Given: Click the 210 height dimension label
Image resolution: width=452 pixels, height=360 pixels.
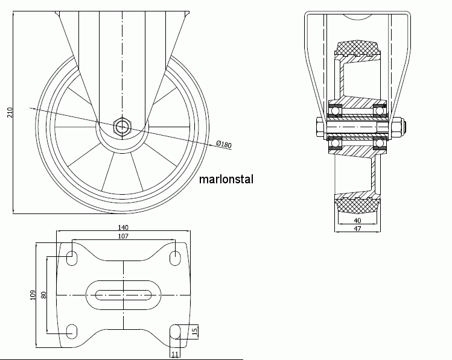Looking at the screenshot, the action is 10,112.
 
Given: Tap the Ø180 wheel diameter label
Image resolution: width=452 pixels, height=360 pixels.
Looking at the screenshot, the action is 224,144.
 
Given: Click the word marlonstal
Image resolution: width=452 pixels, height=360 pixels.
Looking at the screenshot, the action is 226,179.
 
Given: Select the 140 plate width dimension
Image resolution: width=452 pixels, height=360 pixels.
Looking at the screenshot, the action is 123,227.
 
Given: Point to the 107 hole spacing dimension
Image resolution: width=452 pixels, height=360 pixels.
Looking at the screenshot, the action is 123,236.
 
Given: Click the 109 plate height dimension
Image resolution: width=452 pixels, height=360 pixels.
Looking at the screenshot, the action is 33,295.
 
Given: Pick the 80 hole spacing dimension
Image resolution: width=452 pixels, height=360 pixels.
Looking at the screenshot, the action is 44,295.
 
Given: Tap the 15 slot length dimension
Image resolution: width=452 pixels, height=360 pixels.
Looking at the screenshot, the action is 195,331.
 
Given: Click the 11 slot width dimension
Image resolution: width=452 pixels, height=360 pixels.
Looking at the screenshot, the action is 175,354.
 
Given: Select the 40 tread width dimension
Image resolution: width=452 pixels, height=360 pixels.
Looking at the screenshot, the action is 357,221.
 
